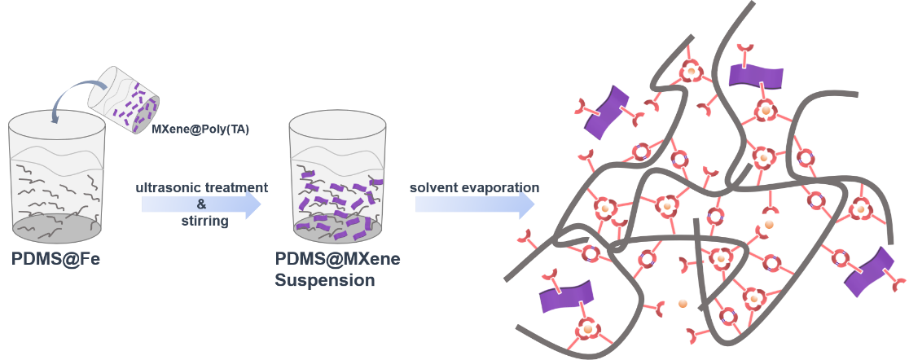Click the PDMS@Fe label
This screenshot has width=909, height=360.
56,261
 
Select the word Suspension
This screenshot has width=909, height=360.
324,281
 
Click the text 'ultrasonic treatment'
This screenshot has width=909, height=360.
202,188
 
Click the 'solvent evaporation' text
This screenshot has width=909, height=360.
474,188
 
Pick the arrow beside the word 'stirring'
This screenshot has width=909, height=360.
202,204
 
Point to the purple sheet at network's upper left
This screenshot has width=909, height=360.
608,111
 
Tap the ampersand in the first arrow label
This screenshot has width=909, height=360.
201,204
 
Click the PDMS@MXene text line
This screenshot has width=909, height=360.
336,261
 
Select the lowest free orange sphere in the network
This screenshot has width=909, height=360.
683,305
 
